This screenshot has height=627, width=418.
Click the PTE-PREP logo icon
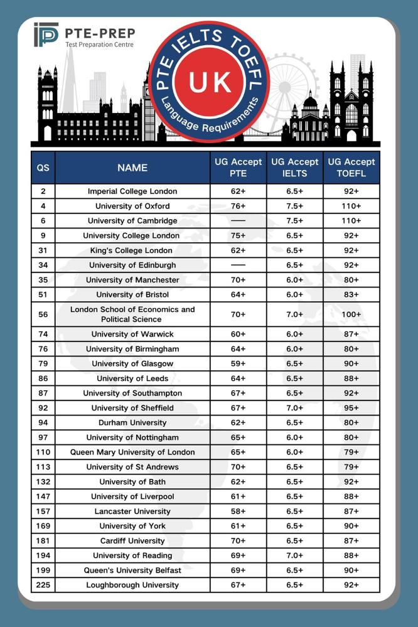pyautogui.click(x=46, y=35)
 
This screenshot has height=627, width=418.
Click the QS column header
pyautogui.click(x=43, y=168)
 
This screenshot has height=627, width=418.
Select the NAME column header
pyautogui.click(x=132, y=168)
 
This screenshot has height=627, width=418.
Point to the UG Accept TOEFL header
pyautogui.click(x=351, y=168)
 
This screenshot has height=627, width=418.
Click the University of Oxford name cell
pyautogui.click(x=132, y=206)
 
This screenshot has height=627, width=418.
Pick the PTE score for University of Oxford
pyautogui.click(x=238, y=206)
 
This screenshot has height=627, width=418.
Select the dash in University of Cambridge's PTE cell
pyautogui.click(x=238, y=221)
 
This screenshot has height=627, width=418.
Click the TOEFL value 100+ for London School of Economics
pyautogui.click(x=351, y=314)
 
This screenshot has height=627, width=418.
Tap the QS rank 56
pyautogui.click(x=43, y=314)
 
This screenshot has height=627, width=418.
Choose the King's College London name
pyautogui.click(x=132, y=250)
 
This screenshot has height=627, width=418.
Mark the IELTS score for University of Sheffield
pyautogui.click(x=295, y=408)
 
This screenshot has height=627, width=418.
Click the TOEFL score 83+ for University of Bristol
pyautogui.click(x=351, y=294)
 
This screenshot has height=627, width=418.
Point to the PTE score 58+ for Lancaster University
pyautogui.click(x=238, y=512)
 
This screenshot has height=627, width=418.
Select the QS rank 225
pyautogui.click(x=43, y=585)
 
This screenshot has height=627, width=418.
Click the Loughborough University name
pyautogui.click(x=132, y=585)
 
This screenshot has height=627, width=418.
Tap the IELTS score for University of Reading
pyautogui.click(x=295, y=555)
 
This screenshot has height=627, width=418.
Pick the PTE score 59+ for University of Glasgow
pyautogui.click(x=238, y=363)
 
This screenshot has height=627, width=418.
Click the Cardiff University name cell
pyautogui.click(x=132, y=541)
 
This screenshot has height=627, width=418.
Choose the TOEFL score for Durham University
pyautogui.click(x=351, y=422)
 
